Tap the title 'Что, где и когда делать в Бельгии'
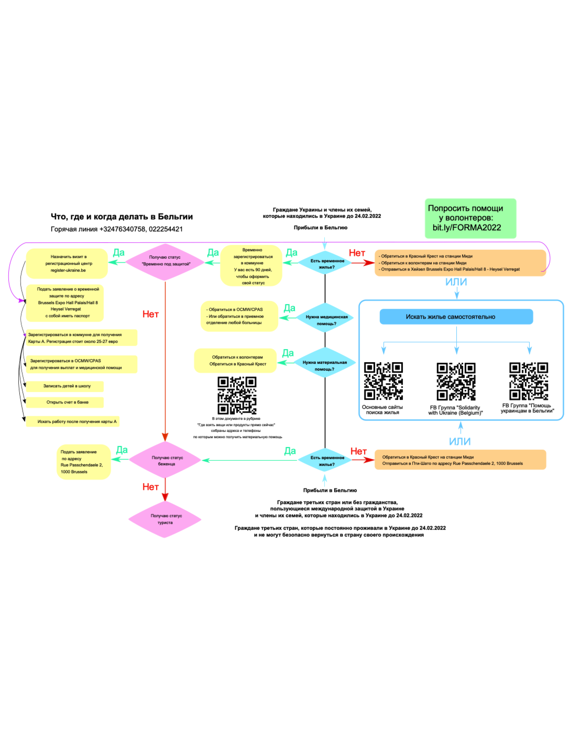122,217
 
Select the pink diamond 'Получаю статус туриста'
165,519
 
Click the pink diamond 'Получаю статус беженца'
166,461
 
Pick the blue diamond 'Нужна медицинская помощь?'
326,320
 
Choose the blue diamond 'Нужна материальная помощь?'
325,365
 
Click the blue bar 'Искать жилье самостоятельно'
456,317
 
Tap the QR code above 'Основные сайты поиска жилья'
383,381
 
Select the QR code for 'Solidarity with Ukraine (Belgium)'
456,382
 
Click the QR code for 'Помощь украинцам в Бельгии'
529,381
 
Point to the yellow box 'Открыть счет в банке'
65,403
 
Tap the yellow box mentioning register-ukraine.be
67,263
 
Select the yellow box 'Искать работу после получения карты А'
73,421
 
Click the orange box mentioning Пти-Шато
460,460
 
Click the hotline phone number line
117,229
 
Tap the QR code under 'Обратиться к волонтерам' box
237,395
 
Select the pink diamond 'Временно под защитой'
166,261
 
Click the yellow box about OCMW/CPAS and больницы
239,316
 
